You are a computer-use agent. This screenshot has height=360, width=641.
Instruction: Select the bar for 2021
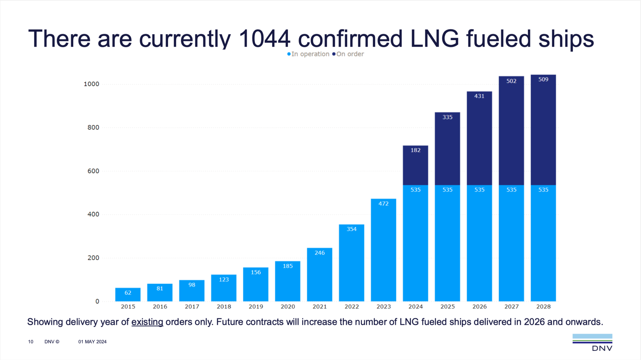click(320, 275)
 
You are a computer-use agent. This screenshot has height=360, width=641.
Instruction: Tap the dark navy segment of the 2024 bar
click(415, 165)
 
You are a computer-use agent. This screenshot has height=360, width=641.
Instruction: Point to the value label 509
click(543, 80)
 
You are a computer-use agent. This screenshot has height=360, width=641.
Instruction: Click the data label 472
click(383, 204)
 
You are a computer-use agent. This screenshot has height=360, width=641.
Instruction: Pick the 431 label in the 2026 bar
click(479, 96)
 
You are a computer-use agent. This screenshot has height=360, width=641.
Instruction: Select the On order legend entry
click(348, 54)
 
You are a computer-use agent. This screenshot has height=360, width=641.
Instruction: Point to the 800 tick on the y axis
click(93, 127)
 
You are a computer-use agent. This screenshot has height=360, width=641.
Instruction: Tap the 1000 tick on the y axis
click(91, 84)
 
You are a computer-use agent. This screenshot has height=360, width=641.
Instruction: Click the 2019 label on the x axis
click(256, 307)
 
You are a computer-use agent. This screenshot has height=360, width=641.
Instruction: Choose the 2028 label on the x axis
click(543, 307)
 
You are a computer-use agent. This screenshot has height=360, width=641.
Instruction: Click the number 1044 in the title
click(264, 39)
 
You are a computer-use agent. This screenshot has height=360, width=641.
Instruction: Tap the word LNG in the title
click(434, 39)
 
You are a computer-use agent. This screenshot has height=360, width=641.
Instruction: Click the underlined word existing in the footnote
click(147, 322)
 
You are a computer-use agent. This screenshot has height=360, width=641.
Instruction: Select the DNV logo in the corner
click(592, 342)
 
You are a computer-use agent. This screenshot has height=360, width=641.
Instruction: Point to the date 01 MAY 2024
click(92, 342)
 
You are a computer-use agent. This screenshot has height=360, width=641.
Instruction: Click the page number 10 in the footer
click(31, 342)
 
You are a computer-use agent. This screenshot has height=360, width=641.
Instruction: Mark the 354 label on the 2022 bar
click(351, 229)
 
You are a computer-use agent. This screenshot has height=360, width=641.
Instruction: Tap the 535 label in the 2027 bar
click(511, 190)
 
